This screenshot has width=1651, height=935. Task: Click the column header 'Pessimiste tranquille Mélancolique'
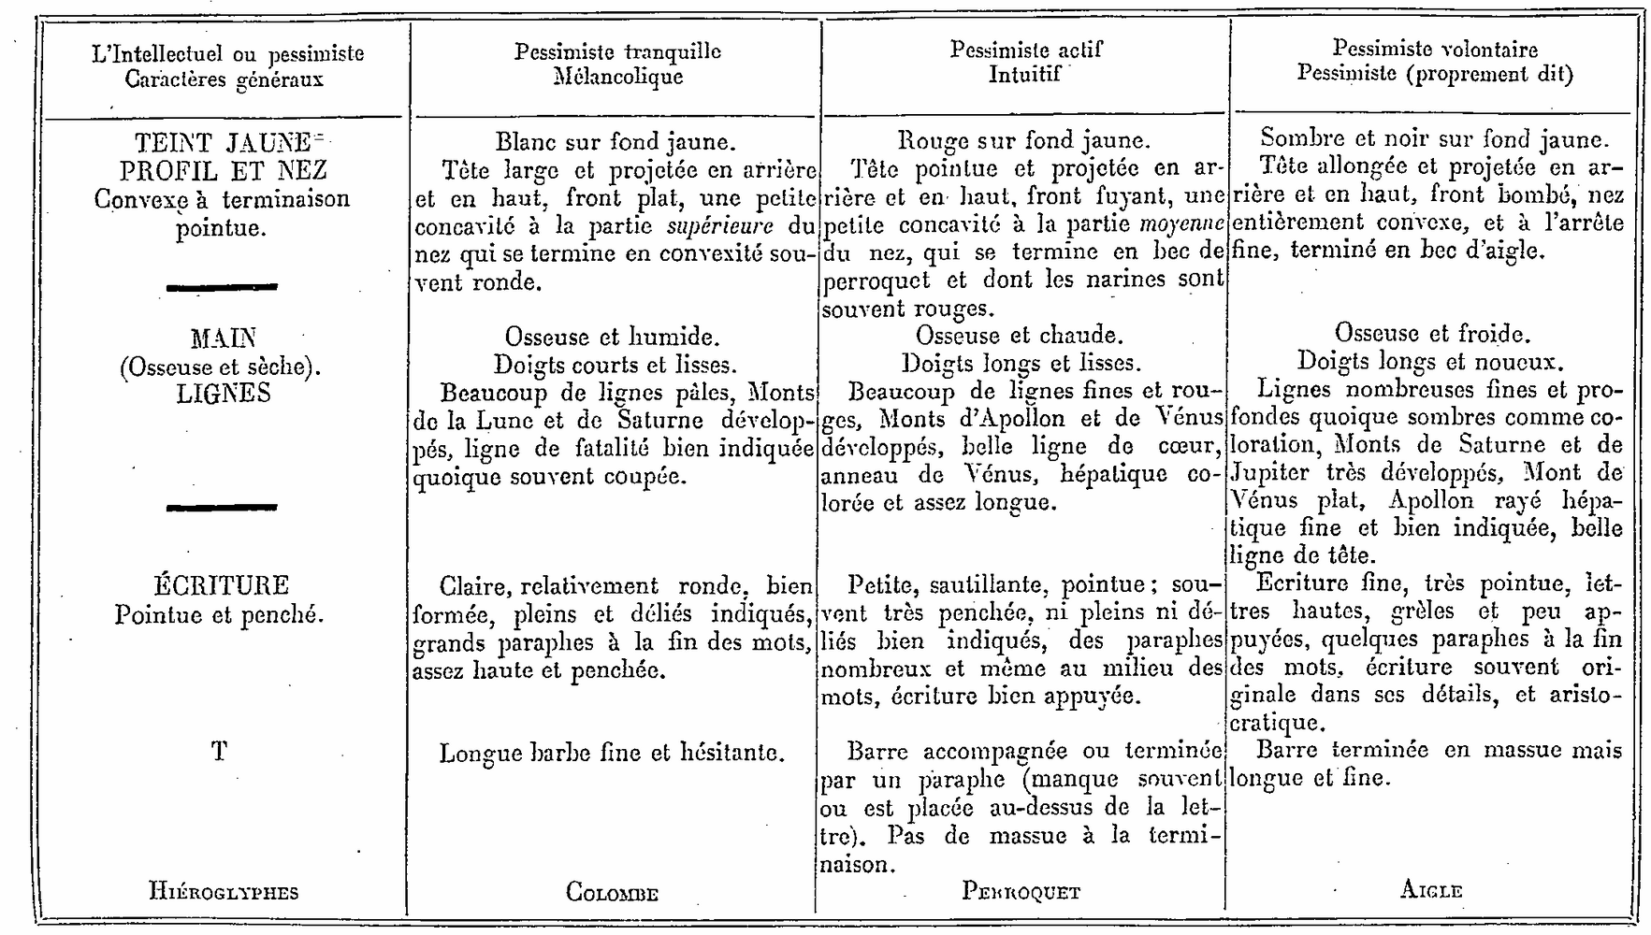click(x=617, y=64)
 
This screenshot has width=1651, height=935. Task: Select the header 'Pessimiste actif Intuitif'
click(x=1025, y=62)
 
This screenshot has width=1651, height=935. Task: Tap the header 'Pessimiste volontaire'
click(x=1434, y=50)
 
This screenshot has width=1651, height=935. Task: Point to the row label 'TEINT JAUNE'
click(x=223, y=143)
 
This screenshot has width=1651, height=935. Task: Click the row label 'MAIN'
click(x=223, y=338)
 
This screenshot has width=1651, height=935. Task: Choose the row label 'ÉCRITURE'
click(x=222, y=586)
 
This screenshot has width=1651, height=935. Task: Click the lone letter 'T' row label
click(x=219, y=751)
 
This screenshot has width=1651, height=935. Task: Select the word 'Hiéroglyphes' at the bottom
click(x=224, y=891)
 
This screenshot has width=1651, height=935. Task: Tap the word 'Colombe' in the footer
click(x=612, y=892)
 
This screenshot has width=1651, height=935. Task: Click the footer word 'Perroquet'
click(x=1021, y=891)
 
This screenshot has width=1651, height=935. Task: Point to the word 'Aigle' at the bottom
click(x=1431, y=890)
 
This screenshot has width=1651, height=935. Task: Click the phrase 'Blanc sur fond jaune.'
click(x=616, y=142)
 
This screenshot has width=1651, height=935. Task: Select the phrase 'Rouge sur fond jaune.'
click(x=1023, y=140)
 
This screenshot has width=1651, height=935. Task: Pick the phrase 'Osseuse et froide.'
click(x=1431, y=334)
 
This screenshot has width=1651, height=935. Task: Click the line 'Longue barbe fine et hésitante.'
click(x=612, y=753)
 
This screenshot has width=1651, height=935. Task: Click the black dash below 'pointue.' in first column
click(x=222, y=287)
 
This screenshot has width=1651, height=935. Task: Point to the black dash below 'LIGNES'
click(x=222, y=507)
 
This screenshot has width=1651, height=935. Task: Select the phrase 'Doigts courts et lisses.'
click(x=615, y=365)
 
